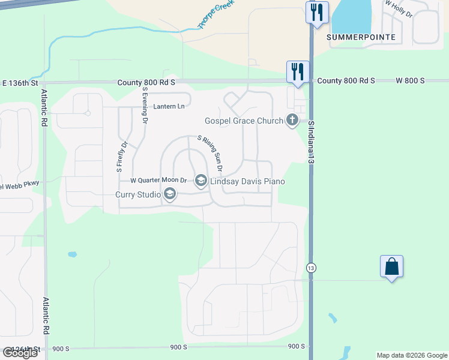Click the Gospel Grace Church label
click(244, 121)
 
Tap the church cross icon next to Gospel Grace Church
click(292, 120)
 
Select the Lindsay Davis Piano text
click(247, 181)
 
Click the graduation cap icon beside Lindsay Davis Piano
click(200, 180)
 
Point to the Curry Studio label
click(137, 194)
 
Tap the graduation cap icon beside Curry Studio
click(170, 193)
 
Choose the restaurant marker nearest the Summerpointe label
click(317, 12)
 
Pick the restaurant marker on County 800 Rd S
click(298, 71)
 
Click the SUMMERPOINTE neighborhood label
click(361, 37)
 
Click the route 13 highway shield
click(310, 267)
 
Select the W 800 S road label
click(410, 80)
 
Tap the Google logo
click(20, 353)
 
